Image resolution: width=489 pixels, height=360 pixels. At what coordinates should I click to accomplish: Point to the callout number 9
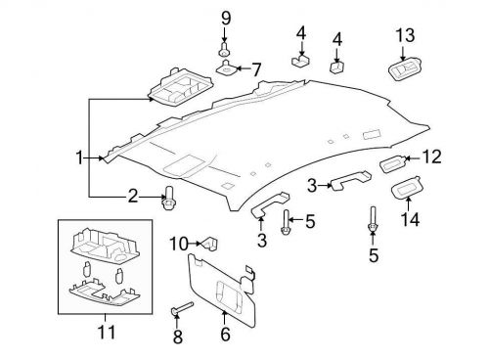coord(224,17)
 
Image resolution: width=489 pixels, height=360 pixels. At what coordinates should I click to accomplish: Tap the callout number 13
coord(405,36)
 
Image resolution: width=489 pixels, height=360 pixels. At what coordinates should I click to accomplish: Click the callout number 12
coord(431,156)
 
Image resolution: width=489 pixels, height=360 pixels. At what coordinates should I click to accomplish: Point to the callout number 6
coord(225,334)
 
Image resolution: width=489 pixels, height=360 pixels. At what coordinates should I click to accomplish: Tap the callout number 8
coord(178,337)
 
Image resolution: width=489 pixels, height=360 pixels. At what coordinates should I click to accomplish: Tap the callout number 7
coord(257,69)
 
